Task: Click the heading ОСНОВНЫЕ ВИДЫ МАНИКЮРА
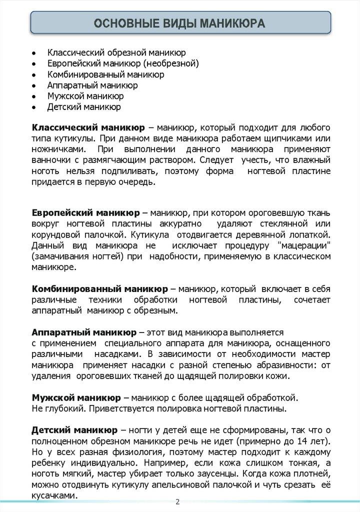click(x=180, y=24)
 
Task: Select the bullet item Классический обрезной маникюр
click(x=116, y=52)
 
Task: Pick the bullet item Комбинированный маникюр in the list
click(x=106, y=74)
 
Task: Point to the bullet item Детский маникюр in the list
click(x=84, y=107)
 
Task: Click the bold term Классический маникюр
click(x=88, y=127)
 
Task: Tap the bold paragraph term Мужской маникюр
click(x=76, y=398)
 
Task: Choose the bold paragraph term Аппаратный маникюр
click(x=83, y=332)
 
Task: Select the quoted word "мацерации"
click(x=303, y=245)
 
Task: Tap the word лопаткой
click(x=311, y=234)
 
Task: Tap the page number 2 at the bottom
click(x=177, y=502)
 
